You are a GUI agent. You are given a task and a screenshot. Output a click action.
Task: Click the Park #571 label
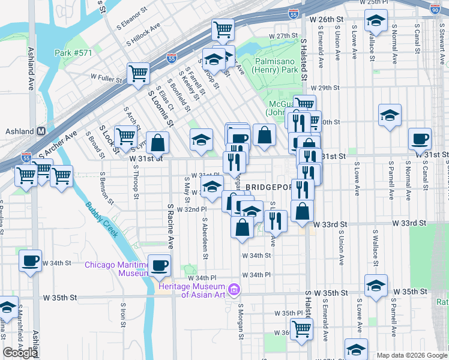[x=74, y=53]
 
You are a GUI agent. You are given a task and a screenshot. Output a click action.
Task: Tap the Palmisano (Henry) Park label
[x=277, y=66]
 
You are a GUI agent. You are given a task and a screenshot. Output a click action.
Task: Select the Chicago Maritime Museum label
[x=116, y=269]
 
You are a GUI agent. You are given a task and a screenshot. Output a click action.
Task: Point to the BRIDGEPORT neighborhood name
[x=268, y=187]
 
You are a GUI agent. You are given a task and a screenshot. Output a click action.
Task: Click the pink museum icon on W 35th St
[x=235, y=291]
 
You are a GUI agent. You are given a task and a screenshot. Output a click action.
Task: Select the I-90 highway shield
[x=435, y=8]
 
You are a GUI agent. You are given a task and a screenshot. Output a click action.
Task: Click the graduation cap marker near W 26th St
[x=375, y=22]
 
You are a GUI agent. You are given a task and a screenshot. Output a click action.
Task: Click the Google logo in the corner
[x=20, y=352]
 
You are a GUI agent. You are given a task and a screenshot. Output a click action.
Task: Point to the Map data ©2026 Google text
[x=411, y=355]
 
